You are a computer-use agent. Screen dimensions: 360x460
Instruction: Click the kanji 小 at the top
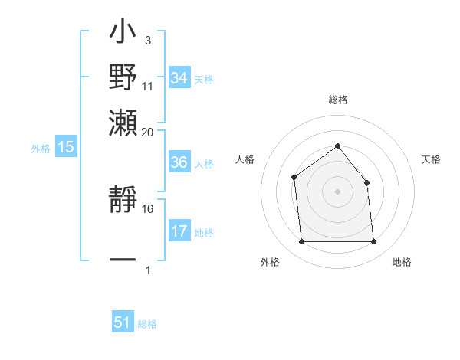point(123,34)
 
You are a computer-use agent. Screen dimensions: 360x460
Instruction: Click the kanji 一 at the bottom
point(123,260)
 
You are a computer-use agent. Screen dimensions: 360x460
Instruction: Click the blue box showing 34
point(179,78)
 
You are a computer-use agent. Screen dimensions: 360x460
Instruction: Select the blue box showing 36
point(179,162)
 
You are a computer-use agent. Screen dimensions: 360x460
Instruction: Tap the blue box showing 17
point(179,231)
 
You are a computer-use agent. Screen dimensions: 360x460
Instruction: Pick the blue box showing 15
point(66,147)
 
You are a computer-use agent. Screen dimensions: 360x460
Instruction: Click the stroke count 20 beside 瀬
point(148,132)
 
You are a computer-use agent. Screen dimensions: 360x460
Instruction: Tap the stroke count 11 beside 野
point(148,86)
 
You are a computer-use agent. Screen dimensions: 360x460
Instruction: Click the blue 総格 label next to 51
point(147,324)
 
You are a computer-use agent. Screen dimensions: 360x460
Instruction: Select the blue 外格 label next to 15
point(41,149)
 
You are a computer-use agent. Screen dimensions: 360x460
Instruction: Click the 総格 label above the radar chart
point(337,100)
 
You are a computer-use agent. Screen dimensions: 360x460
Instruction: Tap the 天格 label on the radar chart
point(431,159)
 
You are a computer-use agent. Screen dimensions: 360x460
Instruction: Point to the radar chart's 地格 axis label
point(402,262)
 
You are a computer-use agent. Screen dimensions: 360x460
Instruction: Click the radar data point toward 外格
point(301,242)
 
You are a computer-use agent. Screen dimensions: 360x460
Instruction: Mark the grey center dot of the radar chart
point(337,191)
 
